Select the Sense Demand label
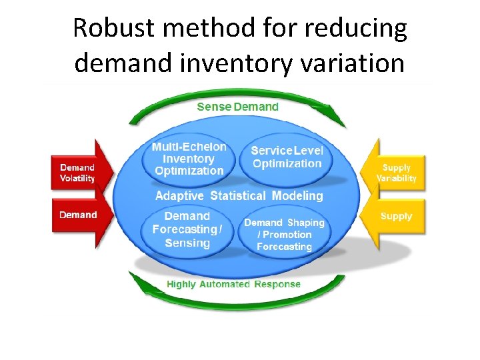coord(238,107)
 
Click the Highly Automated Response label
coord(233,284)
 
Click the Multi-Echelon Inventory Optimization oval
coord(189,159)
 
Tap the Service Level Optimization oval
coord(287,158)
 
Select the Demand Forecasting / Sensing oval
coord(187,230)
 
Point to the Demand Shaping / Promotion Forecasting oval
coord(284,235)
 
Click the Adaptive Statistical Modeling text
coord(239,196)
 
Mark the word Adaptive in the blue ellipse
coord(180,196)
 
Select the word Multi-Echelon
coord(189,147)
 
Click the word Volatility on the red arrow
coord(77,178)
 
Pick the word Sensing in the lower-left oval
coord(187,243)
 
